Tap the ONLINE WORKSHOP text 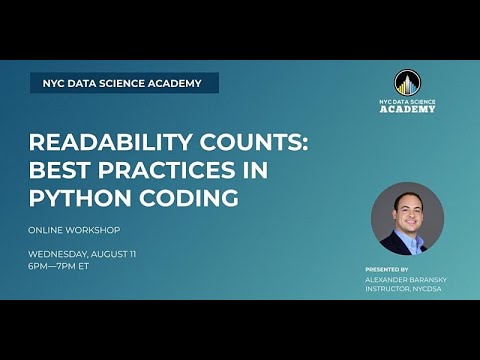[x=77, y=230]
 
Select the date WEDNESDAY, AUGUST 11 [x=96, y=253]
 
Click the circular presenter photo [x=406, y=218]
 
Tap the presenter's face [x=406, y=207]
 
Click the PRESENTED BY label [x=387, y=270]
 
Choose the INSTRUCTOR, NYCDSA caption [x=405, y=289]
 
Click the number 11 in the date [x=159, y=253]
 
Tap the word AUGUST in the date [x=133, y=253]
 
